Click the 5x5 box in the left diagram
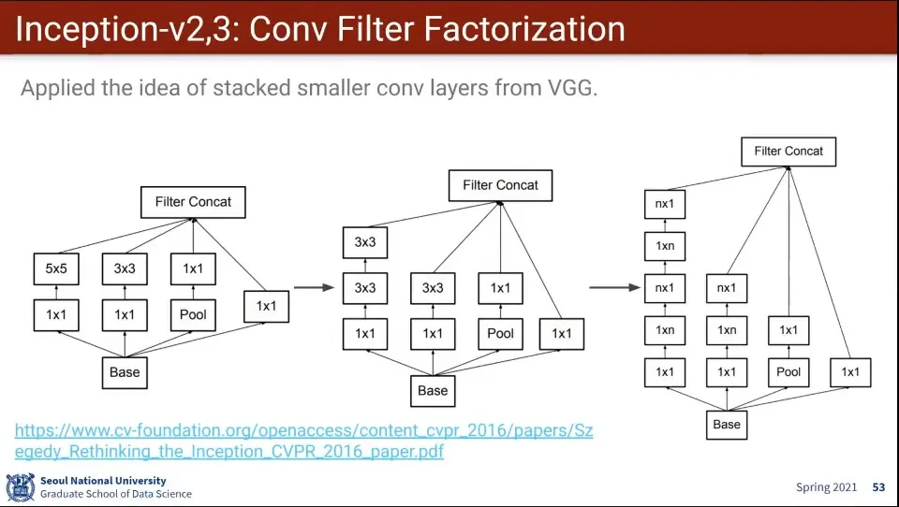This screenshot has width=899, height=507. tap(56, 268)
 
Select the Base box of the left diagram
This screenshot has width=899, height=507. tap(125, 371)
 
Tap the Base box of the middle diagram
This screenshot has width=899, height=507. tap(433, 390)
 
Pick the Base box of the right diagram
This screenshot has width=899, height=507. tap(727, 424)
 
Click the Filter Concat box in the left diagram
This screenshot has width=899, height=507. tap(193, 201)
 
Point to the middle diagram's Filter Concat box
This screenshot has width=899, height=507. tap(500, 185)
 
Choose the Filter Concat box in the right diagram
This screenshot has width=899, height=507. tap(788, 151)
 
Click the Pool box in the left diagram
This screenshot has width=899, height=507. tap(193, 315)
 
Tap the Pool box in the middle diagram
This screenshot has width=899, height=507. tap(500, 333)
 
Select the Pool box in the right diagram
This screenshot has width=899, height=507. tap(788, 371)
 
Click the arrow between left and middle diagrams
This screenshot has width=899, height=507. tap(314, 288)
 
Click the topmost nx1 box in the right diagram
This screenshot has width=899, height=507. tap(664, 203)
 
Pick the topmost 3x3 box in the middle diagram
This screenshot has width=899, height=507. tap(364, 243)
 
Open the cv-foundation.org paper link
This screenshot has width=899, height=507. tap(303, 441)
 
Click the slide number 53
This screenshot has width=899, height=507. tap(878, 487)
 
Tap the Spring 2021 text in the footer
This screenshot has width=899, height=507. tap(827, 487)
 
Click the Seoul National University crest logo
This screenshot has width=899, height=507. tap(20, 487)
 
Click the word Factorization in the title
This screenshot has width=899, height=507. tap(523, 30)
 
